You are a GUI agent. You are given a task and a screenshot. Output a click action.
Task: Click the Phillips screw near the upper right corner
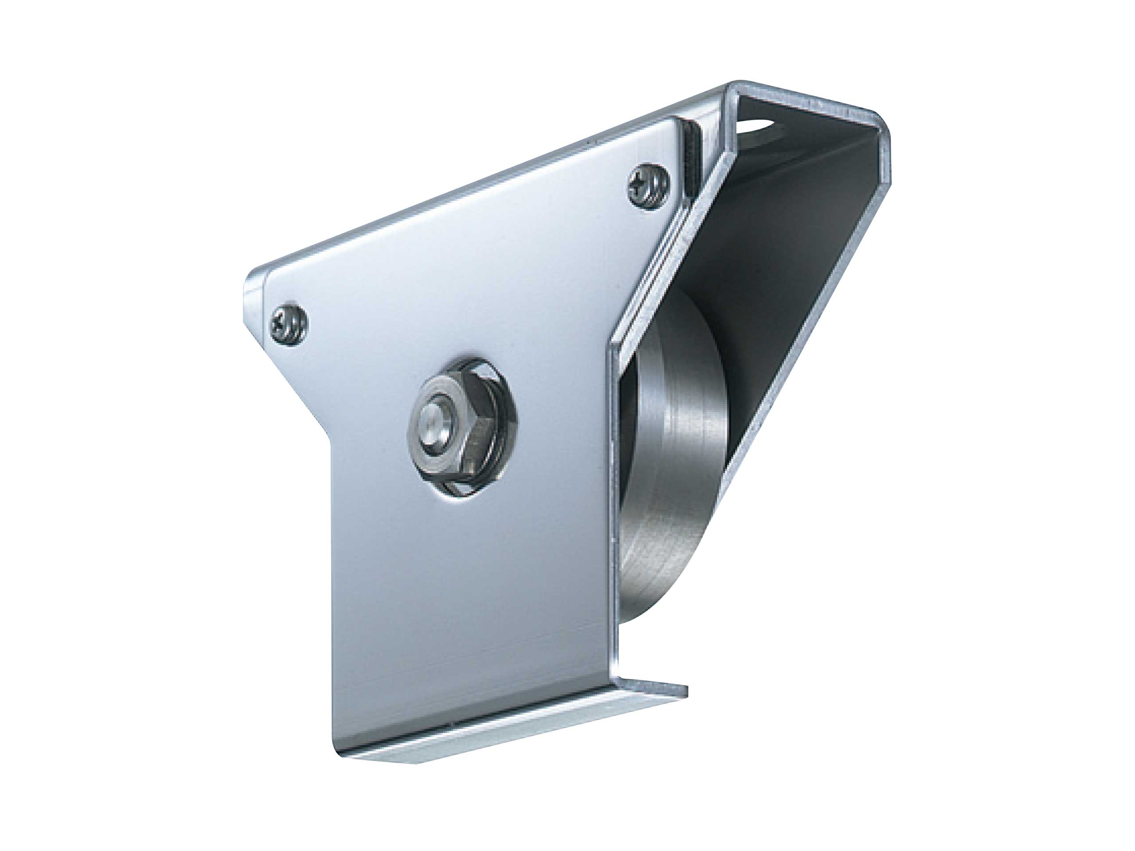pyautogui.click(x=648, y=187)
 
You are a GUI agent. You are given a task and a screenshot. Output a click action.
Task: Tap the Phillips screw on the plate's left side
pyautogui.click(x=289, y=323)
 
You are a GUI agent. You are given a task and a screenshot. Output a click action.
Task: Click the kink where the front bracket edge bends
pyautogui.click(x=611, y=349)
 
